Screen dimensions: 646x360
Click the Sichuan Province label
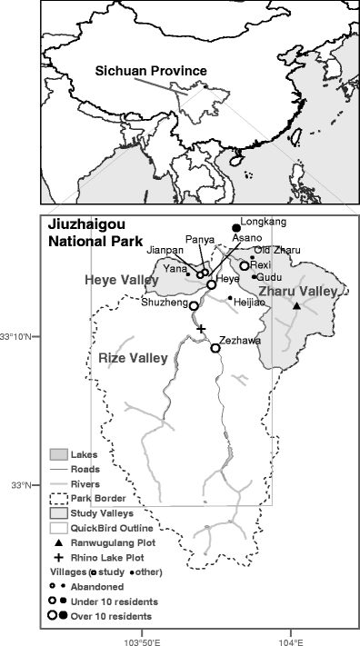tap(151, 70)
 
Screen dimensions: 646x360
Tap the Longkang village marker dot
tap(236, 227)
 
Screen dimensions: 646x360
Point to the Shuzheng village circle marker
tap(194, 306)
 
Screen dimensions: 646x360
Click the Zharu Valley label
tap(298, 291)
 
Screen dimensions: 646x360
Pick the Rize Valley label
tap(133, 358)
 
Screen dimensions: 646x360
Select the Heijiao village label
tap(249, 301)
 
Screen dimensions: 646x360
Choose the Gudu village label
tap(270, 277)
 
